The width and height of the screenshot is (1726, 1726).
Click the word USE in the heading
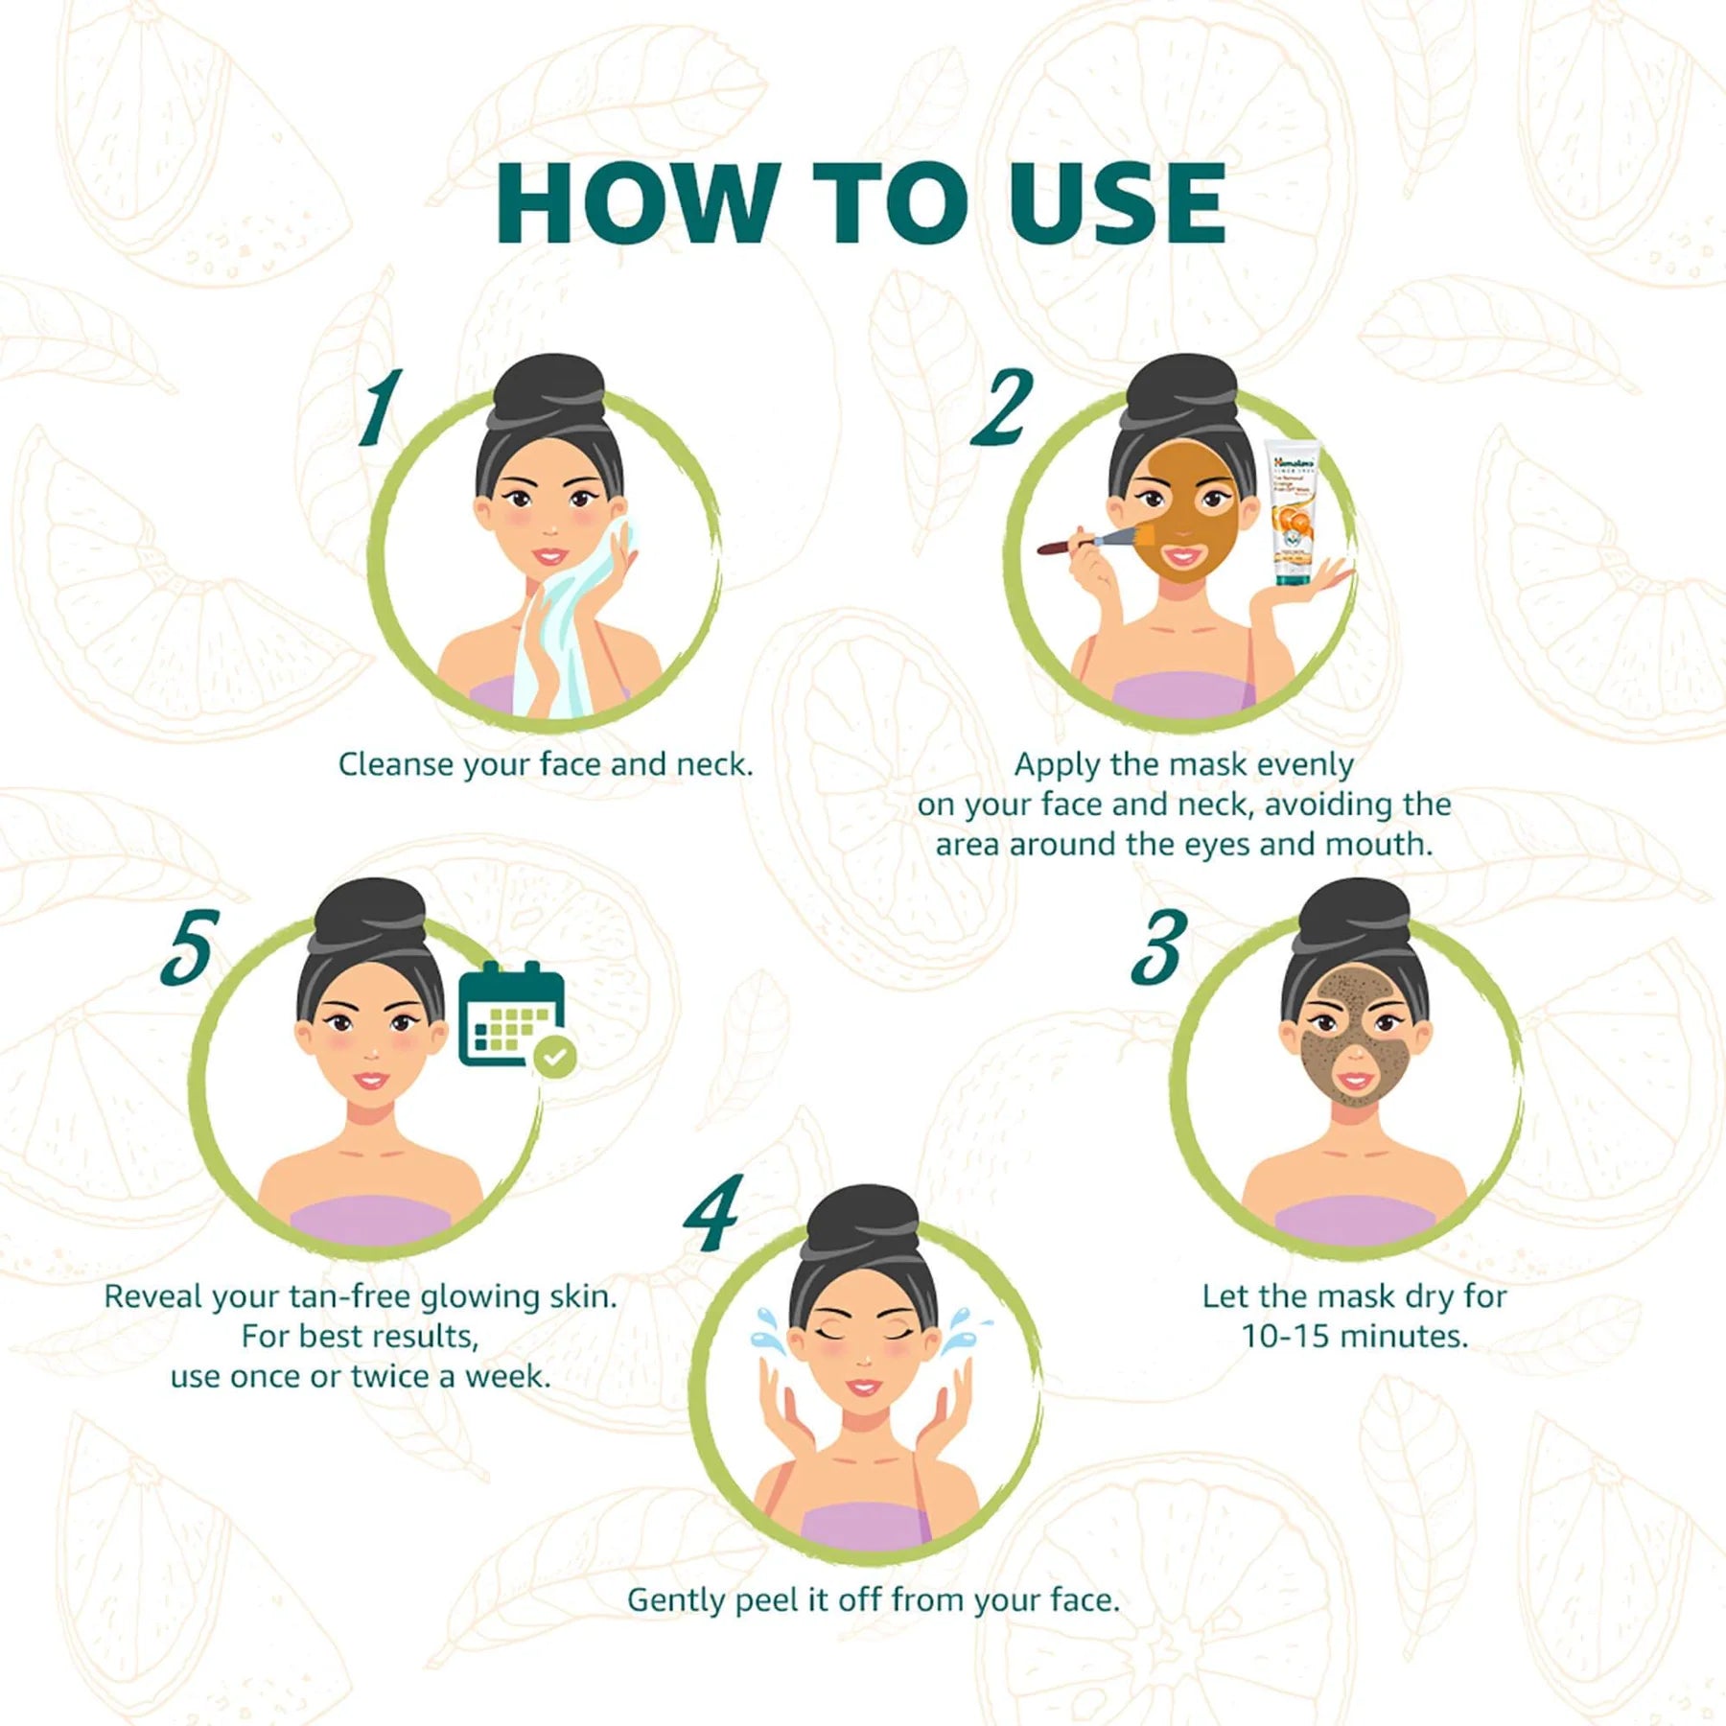1117,204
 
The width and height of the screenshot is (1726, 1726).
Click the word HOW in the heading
633,204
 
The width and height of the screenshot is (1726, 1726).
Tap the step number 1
381,408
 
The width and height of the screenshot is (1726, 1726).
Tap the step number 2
1002,408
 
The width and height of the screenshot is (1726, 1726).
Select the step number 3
1159,948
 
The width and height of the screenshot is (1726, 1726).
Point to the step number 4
713,1212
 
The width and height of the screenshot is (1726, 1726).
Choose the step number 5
189,948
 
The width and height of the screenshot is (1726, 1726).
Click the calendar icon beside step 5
510,1015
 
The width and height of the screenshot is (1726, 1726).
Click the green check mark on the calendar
555,1057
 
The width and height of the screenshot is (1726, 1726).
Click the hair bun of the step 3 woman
1354,916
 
